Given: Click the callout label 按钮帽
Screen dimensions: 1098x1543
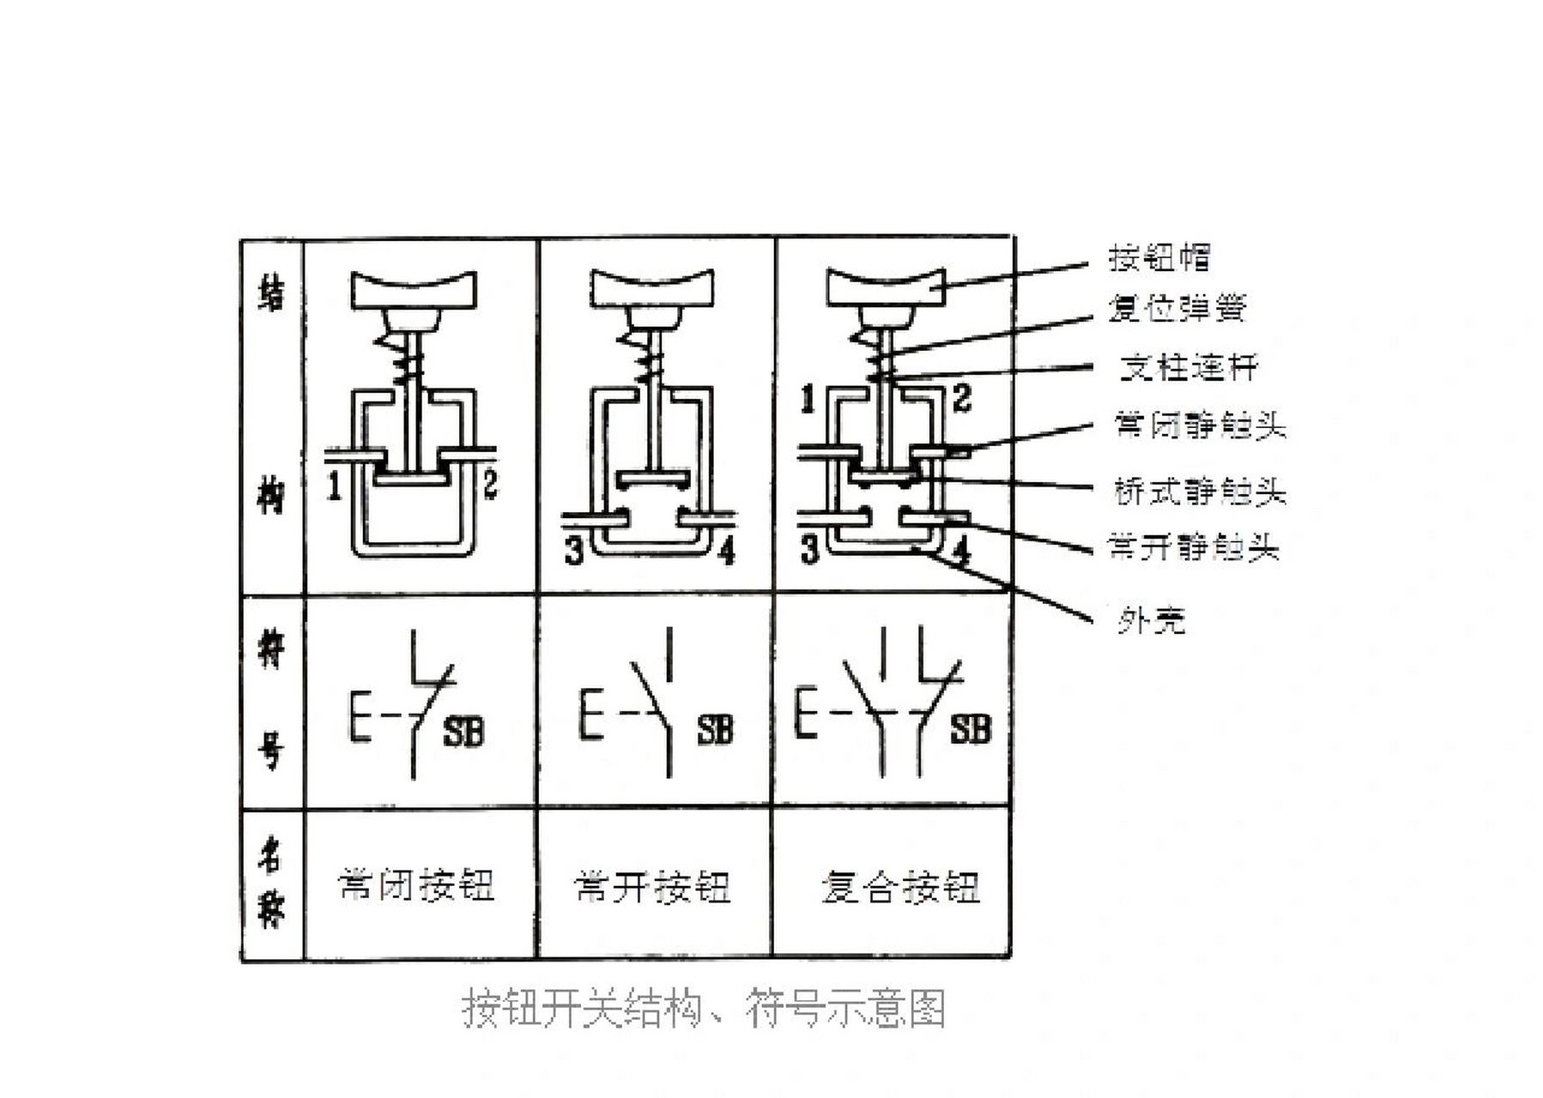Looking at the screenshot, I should click(1159, 257).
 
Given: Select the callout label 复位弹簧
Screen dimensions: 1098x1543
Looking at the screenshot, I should click(1176, 308).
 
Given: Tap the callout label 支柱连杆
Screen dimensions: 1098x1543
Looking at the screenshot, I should click(1189, 368).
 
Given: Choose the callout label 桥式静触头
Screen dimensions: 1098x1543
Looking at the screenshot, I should click(1200, 492).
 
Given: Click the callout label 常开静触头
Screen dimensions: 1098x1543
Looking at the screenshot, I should click(1194, 546).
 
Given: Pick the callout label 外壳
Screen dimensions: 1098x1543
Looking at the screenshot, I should click(1150, 619).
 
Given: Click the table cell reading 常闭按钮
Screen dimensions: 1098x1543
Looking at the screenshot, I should click(417, 885).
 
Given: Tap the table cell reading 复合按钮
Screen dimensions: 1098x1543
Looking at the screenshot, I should click(900, 887).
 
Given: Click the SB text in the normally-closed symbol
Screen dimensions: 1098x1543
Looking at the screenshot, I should click(463, 733).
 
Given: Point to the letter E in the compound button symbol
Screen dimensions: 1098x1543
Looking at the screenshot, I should click(805, 712).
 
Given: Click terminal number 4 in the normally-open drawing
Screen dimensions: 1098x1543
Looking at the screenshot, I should click(726, 552).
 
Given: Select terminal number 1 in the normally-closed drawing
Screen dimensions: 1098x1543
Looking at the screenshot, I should click(335, 487).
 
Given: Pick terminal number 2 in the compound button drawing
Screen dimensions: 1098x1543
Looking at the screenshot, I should click(961, 398).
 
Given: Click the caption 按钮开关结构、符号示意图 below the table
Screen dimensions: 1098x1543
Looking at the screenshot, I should click(704, 1009).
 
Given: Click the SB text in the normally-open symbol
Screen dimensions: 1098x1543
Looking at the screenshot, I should click(715, 730).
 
